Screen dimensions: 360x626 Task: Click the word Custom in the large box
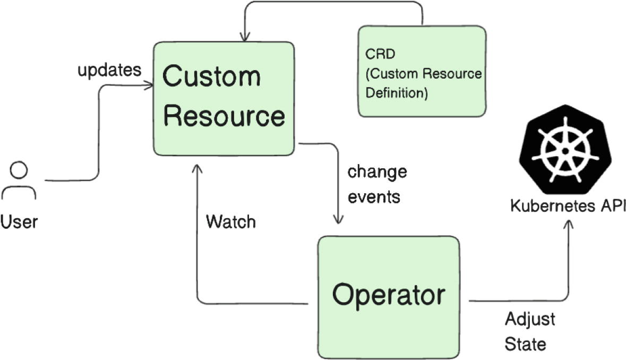[211, 78]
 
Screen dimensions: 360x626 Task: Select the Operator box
[388, 296]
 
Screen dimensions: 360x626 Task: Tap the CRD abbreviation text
[376, 55]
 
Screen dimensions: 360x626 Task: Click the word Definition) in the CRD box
[397, 93]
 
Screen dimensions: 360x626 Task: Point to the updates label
[110, 71]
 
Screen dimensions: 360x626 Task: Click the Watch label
[230, 221]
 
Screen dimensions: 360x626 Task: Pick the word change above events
[377, 172]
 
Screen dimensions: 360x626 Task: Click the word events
[373, 197]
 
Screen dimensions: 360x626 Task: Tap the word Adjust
[529, 320]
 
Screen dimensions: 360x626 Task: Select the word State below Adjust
[525, 344]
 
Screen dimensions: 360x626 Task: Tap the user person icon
[19, 181]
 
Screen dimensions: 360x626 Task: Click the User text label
[19, 221]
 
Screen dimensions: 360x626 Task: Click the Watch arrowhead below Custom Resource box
[197, 169]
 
